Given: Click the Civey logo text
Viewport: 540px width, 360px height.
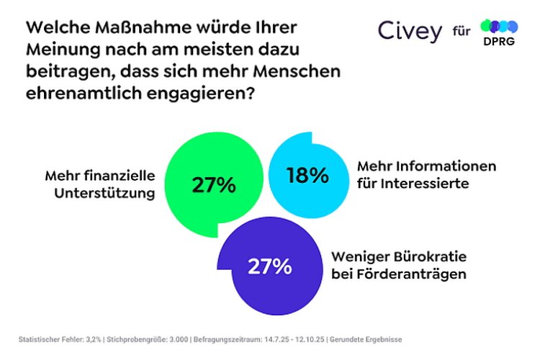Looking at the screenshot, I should [x=410, y=31].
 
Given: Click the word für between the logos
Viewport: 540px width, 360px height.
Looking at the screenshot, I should [x=462, y=32].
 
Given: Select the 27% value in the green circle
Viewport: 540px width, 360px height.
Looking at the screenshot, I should [x=214, y=185].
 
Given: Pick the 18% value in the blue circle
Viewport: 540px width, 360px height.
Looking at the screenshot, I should [x=307, y=175].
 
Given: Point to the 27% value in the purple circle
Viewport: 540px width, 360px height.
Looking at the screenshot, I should [x=269, y=266].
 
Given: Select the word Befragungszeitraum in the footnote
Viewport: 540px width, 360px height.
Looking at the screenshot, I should [x=230, y=339].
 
